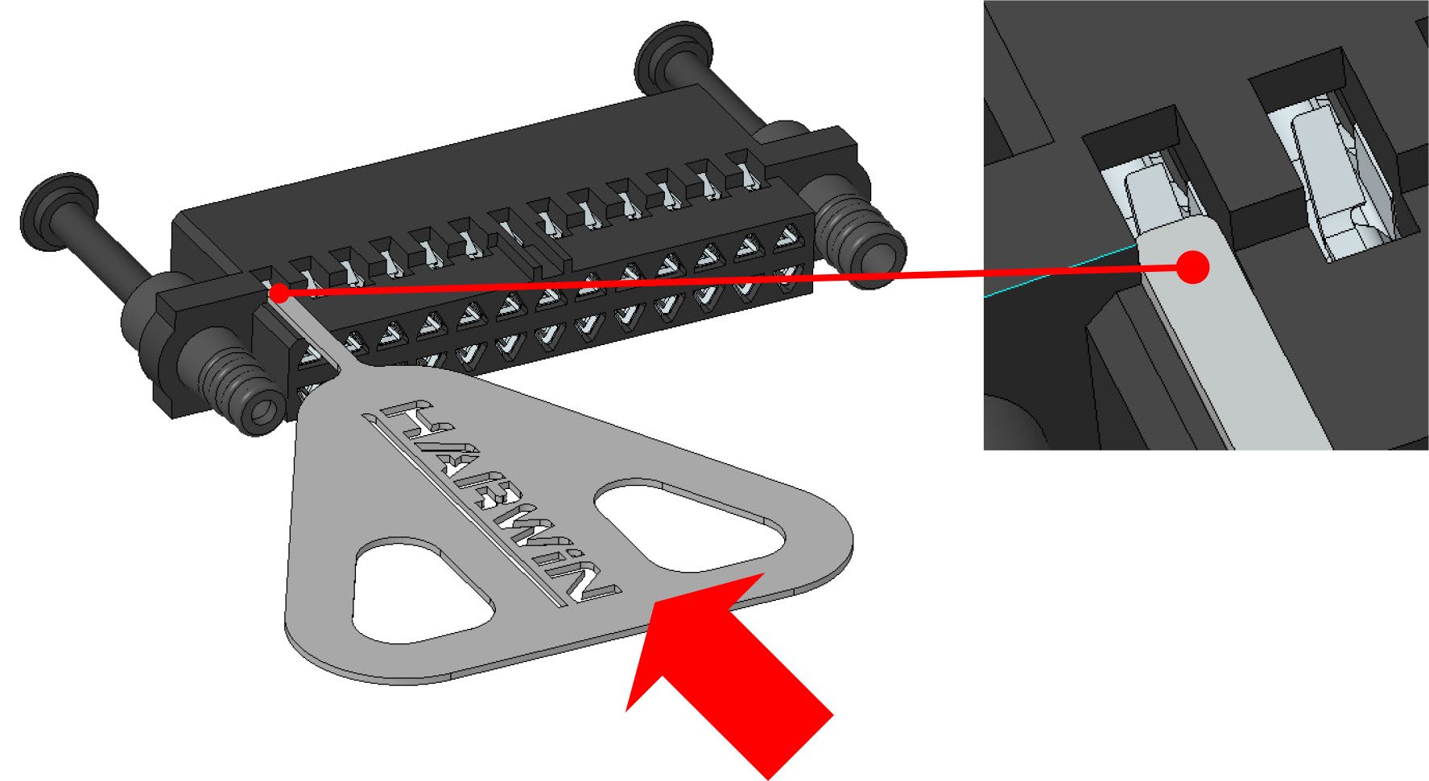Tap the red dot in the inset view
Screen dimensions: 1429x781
tap(1192, 267)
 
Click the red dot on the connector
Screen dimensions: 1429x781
tap(279, 293)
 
